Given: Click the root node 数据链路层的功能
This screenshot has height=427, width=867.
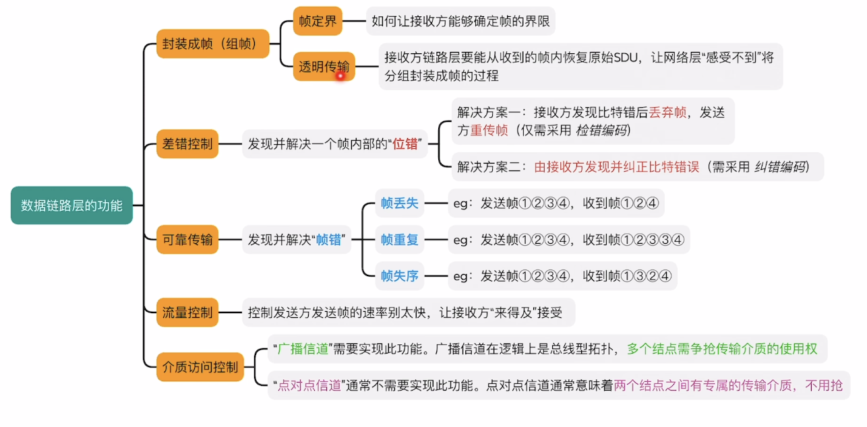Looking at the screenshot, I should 71,205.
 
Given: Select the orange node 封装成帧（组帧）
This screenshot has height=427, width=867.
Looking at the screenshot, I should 213,44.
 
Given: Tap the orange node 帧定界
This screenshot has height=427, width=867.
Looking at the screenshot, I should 318,22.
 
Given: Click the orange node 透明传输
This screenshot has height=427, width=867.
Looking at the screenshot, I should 324,66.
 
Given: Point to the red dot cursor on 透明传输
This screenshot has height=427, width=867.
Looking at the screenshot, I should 340,75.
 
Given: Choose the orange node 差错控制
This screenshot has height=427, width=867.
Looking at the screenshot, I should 187,143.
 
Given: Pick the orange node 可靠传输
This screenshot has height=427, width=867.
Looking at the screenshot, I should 187,239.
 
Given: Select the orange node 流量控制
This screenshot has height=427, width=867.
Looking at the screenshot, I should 187,313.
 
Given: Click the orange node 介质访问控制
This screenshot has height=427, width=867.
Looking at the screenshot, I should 200,367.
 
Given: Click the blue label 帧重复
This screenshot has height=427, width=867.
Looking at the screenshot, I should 400,239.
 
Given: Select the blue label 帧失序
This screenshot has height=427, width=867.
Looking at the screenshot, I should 400,275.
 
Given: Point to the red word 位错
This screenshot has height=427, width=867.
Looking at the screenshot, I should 405,143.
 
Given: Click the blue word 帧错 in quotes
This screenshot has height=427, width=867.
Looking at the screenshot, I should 329,239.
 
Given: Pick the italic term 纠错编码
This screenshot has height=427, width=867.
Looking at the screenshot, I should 779,166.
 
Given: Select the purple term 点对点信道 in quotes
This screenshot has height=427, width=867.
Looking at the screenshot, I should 309,386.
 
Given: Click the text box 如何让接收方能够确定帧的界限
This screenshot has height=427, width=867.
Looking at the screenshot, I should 460,22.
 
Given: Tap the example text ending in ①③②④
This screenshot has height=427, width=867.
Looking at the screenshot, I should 562,275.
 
